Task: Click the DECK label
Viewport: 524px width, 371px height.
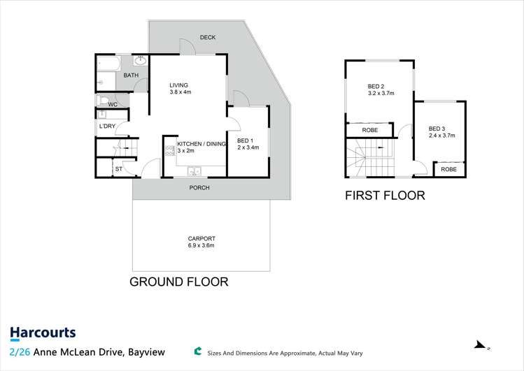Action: click(207, 38)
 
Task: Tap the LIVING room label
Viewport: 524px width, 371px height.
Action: click(178, 85)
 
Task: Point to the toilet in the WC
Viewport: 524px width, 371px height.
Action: click(104, 99)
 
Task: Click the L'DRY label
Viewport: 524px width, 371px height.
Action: click(107, 126)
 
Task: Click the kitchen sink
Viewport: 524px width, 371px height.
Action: click(194, 169)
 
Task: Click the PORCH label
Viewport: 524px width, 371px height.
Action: click(199, 188)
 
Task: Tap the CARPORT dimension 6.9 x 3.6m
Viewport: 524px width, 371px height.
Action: click(201, 245)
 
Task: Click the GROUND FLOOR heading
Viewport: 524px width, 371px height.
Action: click(179, 282)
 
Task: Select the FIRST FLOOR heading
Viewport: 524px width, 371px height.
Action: click(385, 196)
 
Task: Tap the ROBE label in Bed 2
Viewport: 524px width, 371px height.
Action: click(370, 130)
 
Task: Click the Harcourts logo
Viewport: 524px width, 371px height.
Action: click(43, 333)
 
